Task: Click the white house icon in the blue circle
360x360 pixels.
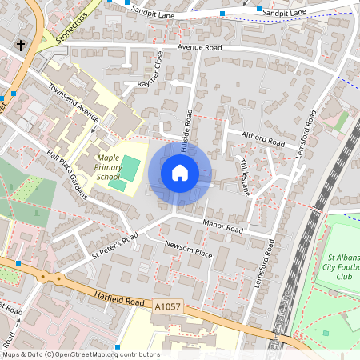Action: (180, 172)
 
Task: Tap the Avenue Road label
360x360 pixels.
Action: (198, 47)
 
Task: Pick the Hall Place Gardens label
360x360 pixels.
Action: (68, 168)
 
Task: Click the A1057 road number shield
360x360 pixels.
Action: (167, 306)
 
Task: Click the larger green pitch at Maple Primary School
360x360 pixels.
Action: (128, 169)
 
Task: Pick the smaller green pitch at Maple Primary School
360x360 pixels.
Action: (118, 186)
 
